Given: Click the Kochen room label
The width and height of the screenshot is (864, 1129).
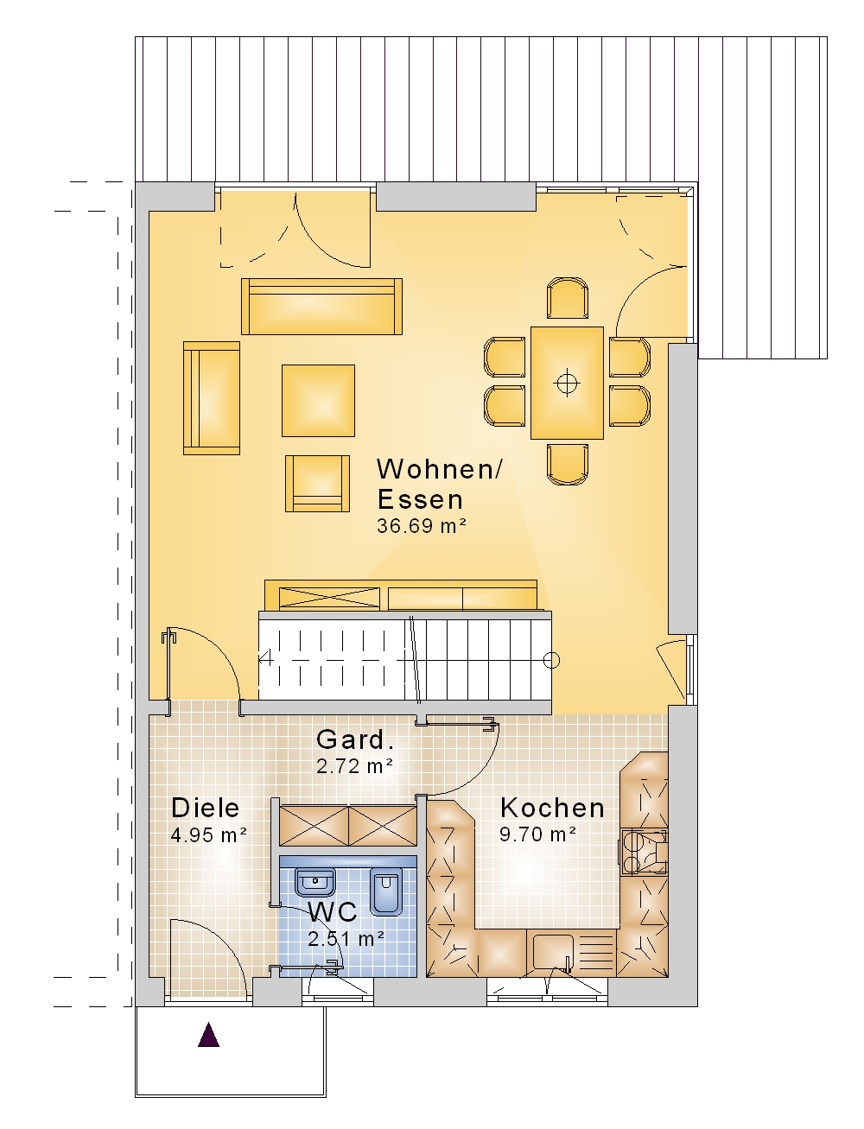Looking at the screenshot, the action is pos(552,808).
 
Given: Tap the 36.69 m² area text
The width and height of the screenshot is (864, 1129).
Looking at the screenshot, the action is pos(422,526).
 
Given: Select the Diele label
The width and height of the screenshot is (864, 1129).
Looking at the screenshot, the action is pos(206,808).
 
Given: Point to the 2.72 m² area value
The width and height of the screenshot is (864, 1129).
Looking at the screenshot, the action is pos(355,766).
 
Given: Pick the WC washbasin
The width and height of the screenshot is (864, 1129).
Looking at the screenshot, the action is pos(314,883).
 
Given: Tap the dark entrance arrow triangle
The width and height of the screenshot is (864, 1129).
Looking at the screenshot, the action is pos(209,1034).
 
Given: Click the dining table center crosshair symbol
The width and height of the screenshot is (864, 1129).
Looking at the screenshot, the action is pos(568,383).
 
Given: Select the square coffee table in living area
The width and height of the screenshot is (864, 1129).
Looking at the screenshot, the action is pos(318,401).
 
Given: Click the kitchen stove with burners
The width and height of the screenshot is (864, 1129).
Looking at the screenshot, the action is pos(645,853).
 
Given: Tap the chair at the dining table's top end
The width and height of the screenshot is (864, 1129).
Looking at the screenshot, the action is pos(568,298).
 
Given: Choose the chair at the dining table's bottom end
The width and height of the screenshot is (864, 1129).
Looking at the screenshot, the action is pos(568,464).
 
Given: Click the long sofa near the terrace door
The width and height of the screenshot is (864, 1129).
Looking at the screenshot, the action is pos(322,307).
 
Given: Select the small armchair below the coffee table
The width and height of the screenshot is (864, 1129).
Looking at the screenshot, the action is pos(317,484).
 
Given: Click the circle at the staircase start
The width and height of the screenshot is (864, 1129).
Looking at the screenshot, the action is pos(551,660).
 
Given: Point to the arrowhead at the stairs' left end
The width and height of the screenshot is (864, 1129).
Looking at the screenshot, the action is pos(264,658).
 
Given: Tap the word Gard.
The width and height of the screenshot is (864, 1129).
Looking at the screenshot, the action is pos(355,739).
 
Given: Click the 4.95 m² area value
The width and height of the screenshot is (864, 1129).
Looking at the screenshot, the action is pos(209,834).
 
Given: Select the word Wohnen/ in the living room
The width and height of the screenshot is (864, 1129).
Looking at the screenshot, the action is pos(440,468).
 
